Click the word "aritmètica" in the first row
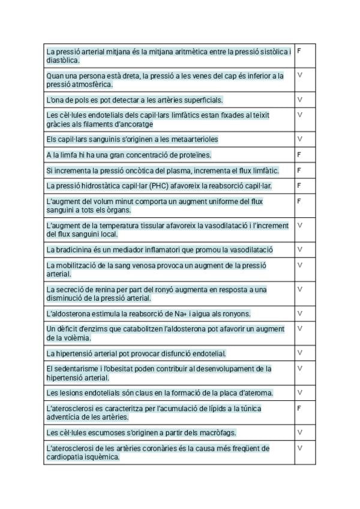pyautogui.click(x=194, y=52)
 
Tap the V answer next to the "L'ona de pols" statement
pyautogui.click(x=299, y=100)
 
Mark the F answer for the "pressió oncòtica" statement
pyautogui.click(x=299, y=170)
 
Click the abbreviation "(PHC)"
pyautogui.click(x=160, y=186)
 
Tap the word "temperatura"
pyautogui.click(x=114, y=226)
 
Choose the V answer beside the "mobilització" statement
pyautogui.click(x=299, y=265)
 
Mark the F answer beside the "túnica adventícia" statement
pyautogui.click(x=299, y=408)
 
